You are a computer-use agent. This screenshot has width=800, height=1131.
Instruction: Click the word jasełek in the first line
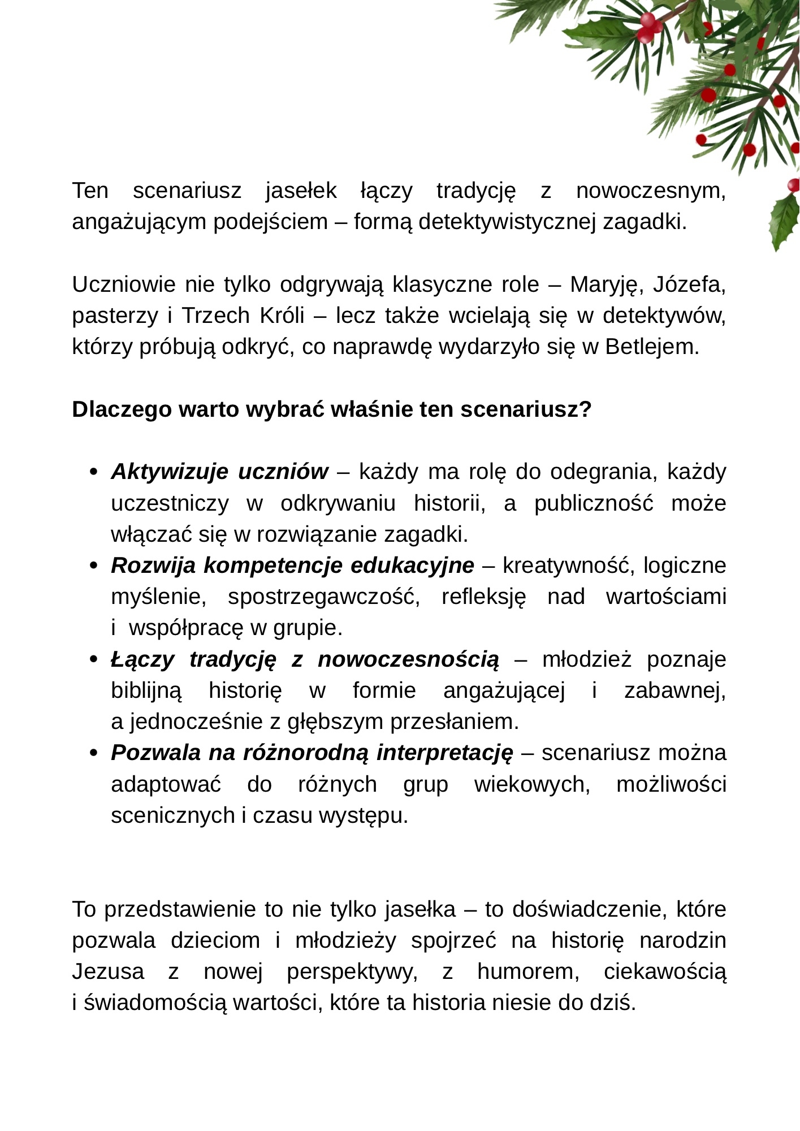[x=301, y=191]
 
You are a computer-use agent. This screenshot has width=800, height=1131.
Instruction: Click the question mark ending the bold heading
[x=586, y=409]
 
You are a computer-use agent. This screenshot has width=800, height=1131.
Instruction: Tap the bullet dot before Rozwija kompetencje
[x=94, y=565]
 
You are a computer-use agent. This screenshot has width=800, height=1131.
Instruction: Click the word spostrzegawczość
[x=324, y=597]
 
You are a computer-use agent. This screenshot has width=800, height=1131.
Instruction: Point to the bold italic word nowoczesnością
[x=409, y=659]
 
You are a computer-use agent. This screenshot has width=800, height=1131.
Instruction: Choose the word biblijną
[x=146, y=691]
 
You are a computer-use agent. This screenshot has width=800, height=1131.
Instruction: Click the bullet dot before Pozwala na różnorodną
[x=94, y=753]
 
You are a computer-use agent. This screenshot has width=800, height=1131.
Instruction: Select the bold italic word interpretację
[x=445, y=753]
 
